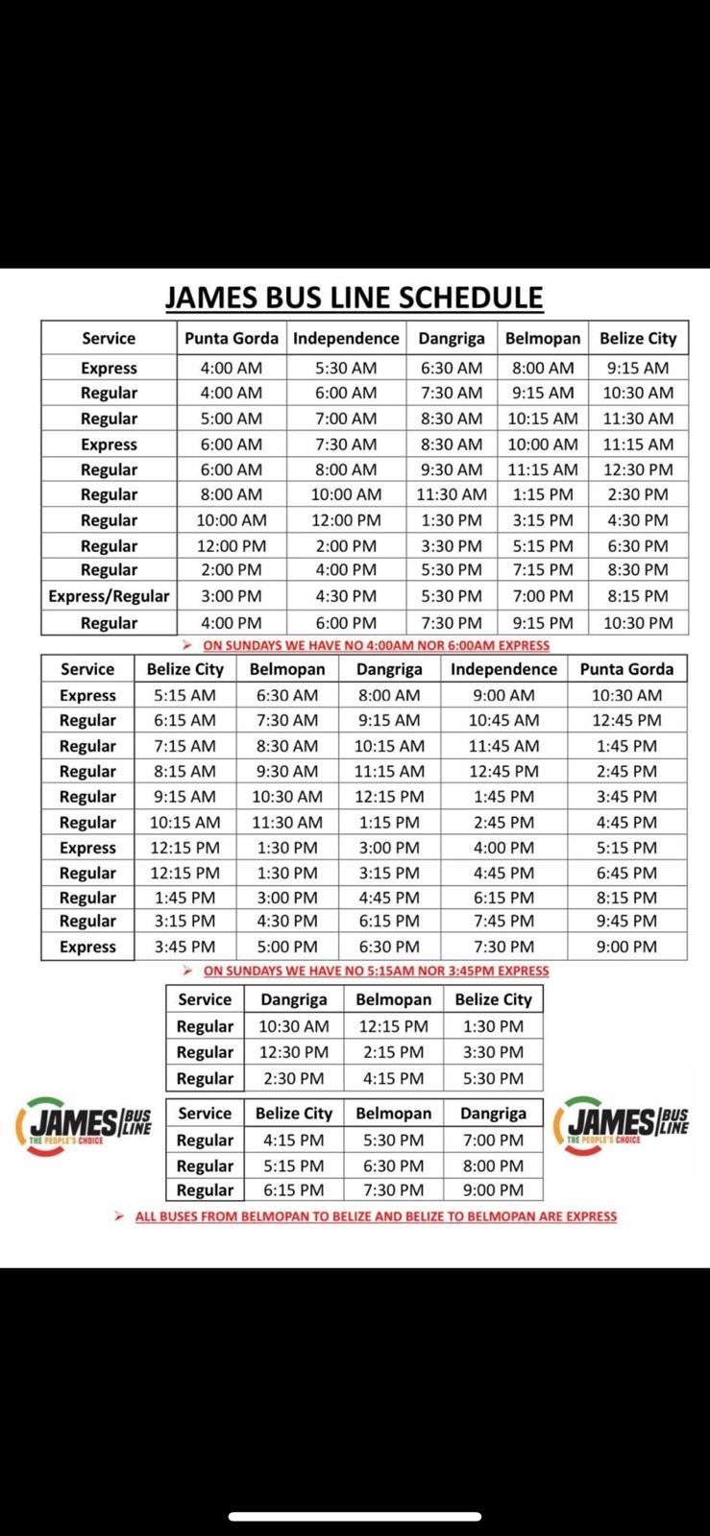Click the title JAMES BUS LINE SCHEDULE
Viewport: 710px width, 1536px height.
click(x=354, y=298)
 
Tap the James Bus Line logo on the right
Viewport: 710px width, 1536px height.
click(x=627, y=1124)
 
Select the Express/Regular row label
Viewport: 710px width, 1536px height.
click(x=109, y=596)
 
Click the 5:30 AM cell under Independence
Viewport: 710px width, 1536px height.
click(x=346, y=368)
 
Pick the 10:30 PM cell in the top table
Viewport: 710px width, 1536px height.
click(x=638, y=622)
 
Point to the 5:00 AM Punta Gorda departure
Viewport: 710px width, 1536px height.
click(x=231, y=419)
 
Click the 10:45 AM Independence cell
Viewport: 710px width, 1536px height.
click(x=503, y=720)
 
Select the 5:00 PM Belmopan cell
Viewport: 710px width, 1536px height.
click(x=287, y=947)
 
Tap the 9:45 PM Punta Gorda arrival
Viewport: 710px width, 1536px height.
click(x=626, y=921)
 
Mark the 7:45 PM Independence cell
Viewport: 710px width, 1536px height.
click(x=503, y=921)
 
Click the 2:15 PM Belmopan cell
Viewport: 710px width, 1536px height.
click(x=393, y=1052)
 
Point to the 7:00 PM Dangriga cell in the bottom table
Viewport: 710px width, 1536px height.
click(x=493, y=1140)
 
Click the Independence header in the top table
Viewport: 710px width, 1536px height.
click(x=346, y=338)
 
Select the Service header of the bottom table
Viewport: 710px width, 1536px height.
click(x=205, y=1113)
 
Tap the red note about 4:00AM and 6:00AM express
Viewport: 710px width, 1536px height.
click(x=377, y=645)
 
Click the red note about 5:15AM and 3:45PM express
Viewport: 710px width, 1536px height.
click(x=376, y=971)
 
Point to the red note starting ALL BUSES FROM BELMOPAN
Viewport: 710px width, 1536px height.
click(x=376, y=1216)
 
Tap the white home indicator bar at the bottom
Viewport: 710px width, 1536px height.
click(x=355, y=1517)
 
